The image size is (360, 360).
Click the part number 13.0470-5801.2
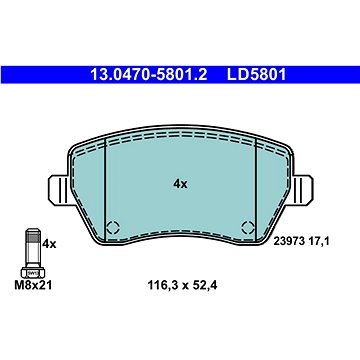coord(149,75)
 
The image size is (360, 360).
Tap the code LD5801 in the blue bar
coord(256,75)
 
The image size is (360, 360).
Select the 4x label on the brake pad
coord(180,184)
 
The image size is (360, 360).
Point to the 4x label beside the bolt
coord(49,244)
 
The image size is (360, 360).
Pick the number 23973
coord(289,241)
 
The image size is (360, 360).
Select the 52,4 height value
coord(204,285)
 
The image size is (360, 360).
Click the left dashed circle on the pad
coord(113,228)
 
